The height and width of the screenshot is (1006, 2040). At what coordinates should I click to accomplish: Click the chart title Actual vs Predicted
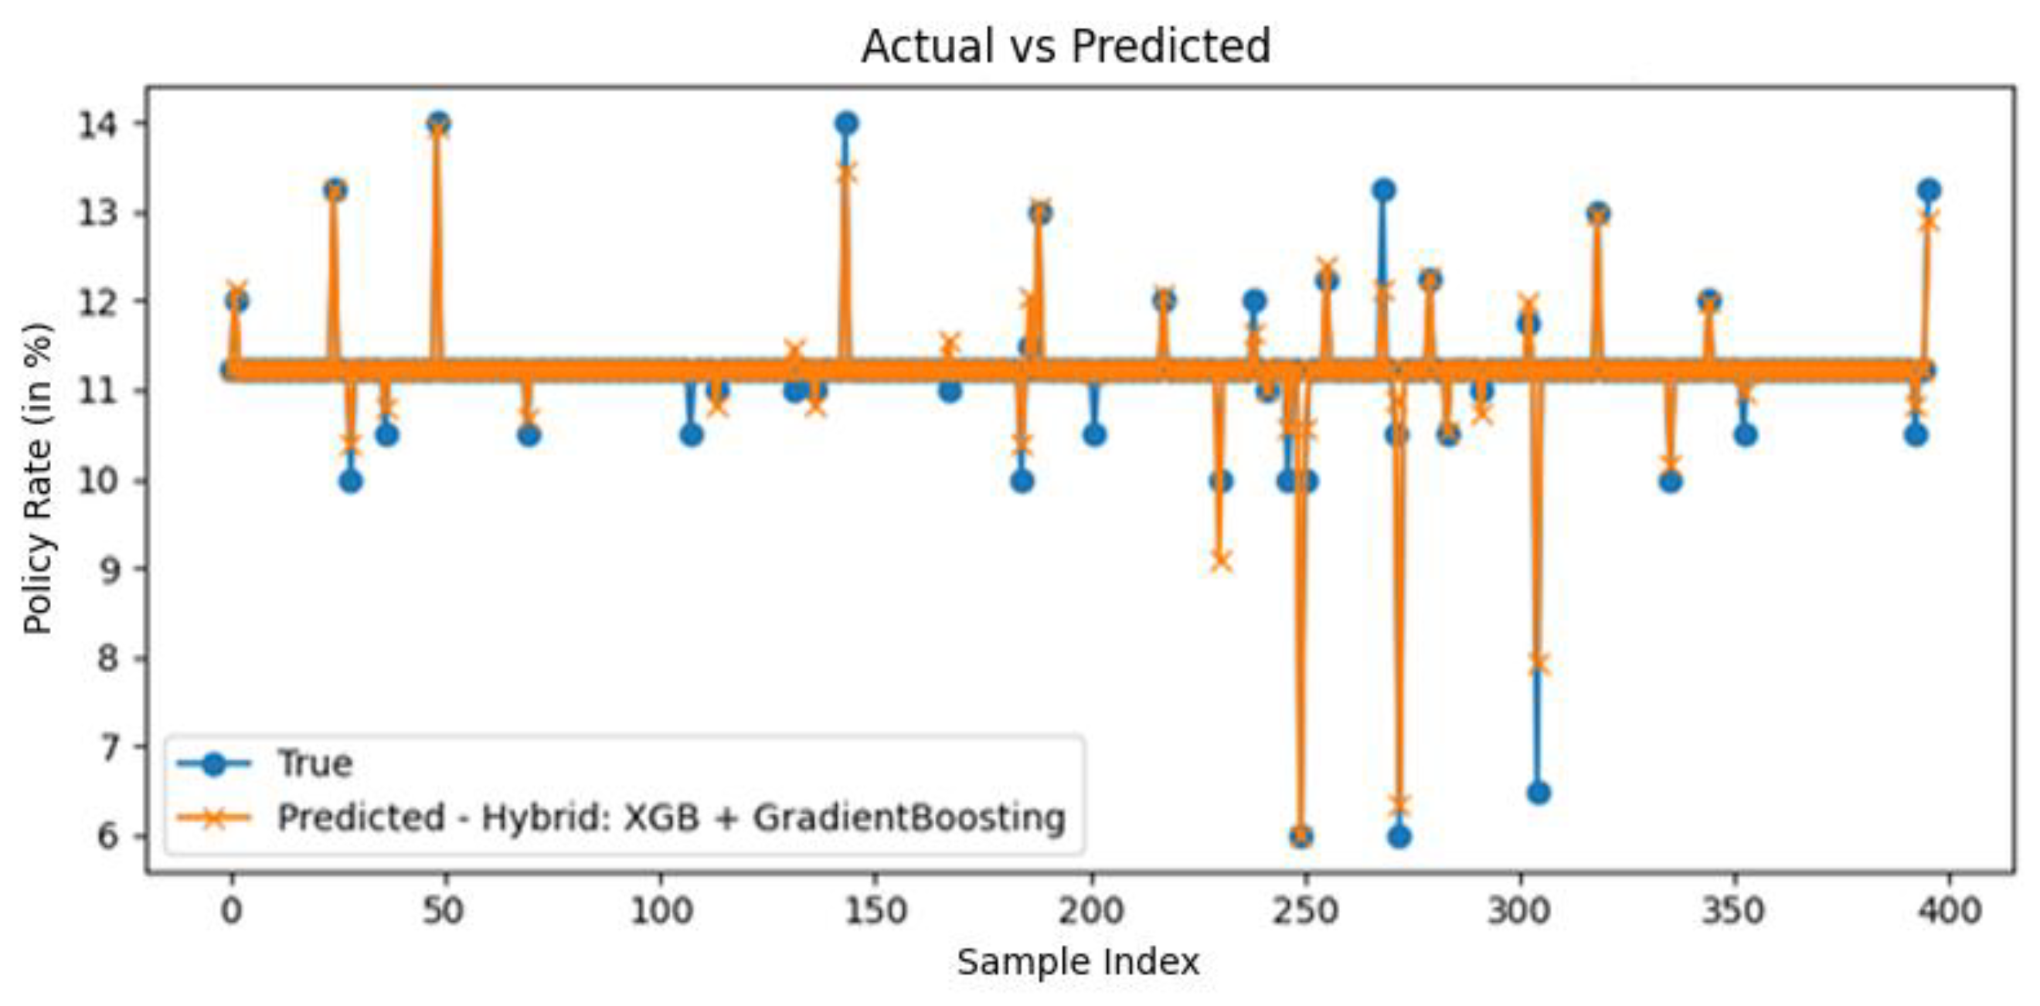pyautogui.click(x=1065, y=46)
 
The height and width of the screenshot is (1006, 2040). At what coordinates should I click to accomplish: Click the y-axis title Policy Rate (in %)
pyautogui.click(x=37, y=478)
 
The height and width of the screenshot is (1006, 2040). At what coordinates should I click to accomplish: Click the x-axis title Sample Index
pyautogui.click(x=1078, y=963)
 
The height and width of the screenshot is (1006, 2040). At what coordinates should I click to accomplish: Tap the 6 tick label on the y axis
pyautogui.click(x=110, y=837)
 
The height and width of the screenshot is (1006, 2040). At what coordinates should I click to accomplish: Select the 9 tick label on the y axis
pyautogui.click(x=110, y=569)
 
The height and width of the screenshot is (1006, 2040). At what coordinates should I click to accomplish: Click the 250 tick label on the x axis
pyautogui.click(x=1305, y=912)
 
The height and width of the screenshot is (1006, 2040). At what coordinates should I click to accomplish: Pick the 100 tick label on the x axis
pyautogui.click(x=661, y=912)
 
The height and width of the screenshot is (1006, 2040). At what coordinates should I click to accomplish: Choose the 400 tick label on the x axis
pyautogui.click(x=1949, y=912)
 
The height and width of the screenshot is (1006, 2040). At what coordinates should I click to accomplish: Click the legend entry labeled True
pyautogui.click(x=314, y=763)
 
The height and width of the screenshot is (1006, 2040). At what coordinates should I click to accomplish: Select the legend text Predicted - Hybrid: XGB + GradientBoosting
pyautogui.click(x=671, y=817)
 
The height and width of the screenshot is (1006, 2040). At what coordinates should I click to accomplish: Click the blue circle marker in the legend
pyautogui.click(x=214, y=763)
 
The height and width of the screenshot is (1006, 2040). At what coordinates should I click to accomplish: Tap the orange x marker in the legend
pyautogui.click(x=214, y=817)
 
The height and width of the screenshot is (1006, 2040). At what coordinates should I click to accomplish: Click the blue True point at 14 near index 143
pyautogui.click(x=846, y=124)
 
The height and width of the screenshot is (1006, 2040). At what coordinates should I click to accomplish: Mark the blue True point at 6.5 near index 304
pyautogui.click(x=1538, y=792)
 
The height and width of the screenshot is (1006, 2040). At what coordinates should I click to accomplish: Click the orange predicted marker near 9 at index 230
pyautogui.click(x=1220, y=562)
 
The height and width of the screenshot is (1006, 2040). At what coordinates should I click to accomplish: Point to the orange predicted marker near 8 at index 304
pyautogui.click(x=1538, y=664)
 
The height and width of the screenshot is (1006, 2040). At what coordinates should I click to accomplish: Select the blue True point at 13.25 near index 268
pyautogui.click(x=1383, y=190)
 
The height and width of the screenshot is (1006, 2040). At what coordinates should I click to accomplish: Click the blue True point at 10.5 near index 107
pyautogui.click(x=692, y=435)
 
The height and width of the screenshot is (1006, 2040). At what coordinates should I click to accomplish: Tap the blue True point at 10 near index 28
pyautogui.click(x=351, y=481)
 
